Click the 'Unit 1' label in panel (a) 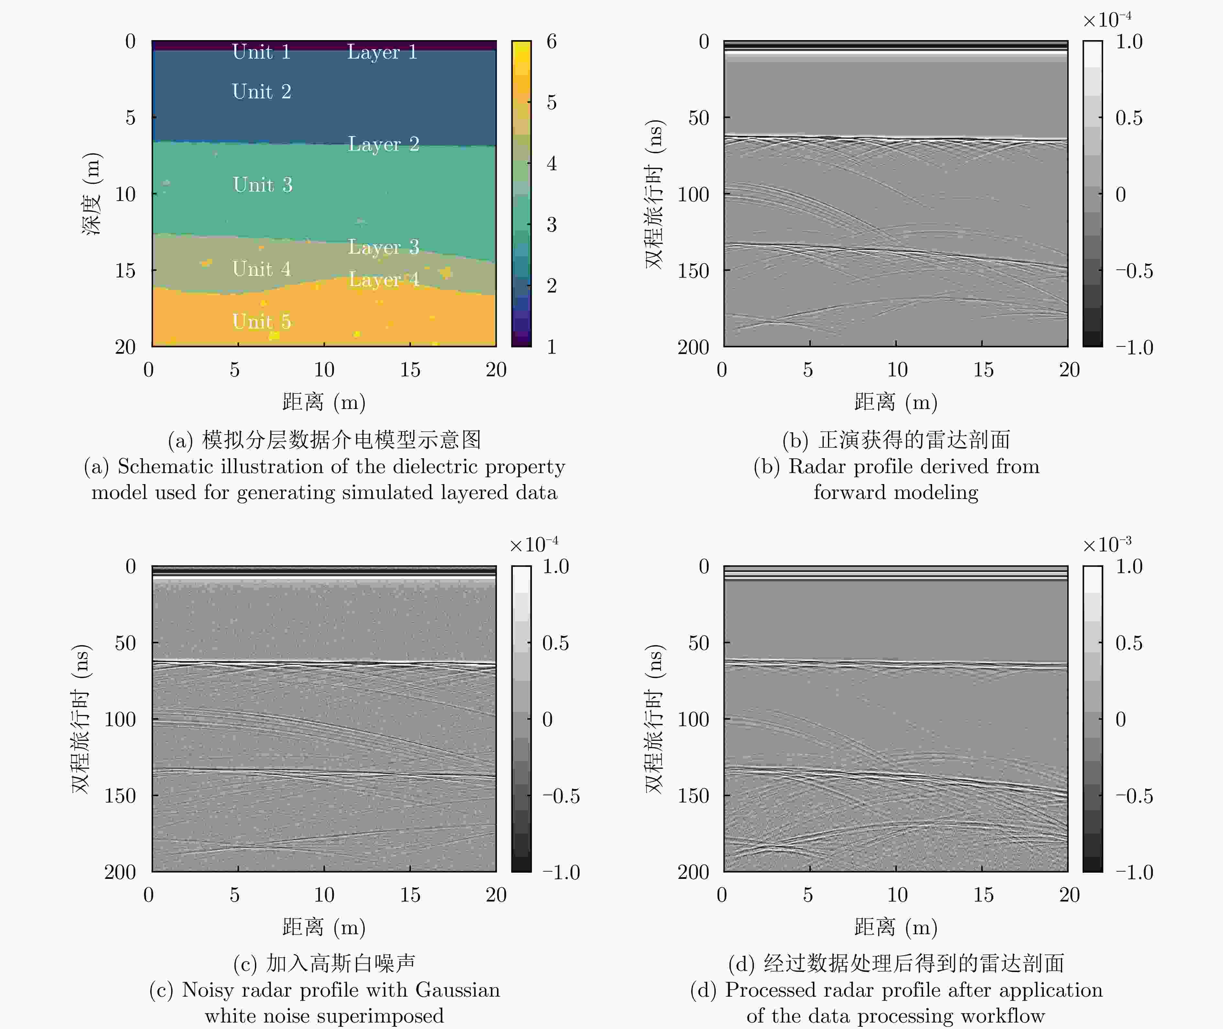(x=261, y=52)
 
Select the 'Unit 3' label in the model (x=262, y=185)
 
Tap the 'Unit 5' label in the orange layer (x=261, y=321)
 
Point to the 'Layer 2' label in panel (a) (x=383, y=144)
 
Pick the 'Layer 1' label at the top (x=382, y=52)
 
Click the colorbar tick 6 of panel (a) (x=551, y=41)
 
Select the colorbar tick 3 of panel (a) (x=551, y=225)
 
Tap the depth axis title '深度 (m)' (x=92, y=194)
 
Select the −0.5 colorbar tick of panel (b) (x=1134, y=271)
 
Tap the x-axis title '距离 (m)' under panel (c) (x=324, y=927)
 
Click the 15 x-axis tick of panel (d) (x=983, y=895)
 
